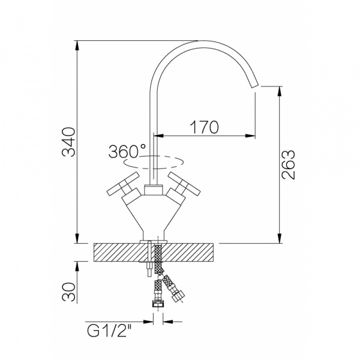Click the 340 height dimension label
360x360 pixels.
coord(68,142)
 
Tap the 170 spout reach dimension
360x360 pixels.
coord(205,127)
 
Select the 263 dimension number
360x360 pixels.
coord(288,164)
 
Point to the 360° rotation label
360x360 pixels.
coord(127,151)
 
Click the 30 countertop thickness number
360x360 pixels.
coord(68,292)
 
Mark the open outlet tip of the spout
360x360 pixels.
coord(256,85)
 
